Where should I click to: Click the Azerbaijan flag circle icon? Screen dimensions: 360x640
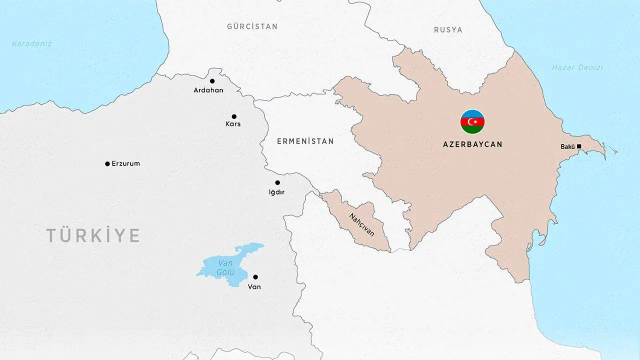472,122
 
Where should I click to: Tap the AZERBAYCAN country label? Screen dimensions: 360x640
472,144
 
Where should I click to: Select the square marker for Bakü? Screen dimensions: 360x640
579,146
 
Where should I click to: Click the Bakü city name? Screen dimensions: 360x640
567,146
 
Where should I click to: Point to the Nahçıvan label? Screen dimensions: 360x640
361,225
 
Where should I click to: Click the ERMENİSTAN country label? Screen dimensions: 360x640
305,141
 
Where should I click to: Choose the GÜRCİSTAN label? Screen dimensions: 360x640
252,26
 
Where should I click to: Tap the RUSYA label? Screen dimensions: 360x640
448,30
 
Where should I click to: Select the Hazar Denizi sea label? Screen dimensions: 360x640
577,67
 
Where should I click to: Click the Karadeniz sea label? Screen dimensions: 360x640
31,43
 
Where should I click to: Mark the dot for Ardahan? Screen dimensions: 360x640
212,81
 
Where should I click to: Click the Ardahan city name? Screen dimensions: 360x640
208,90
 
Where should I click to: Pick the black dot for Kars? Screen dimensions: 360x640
234,116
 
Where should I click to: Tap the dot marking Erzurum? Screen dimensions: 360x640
107,164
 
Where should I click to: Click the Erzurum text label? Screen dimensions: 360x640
125,163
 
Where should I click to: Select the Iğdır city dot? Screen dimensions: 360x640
277,182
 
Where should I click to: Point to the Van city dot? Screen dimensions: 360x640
255,277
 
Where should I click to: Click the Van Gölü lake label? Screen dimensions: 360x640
222,267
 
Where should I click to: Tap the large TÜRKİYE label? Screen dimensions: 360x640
93,235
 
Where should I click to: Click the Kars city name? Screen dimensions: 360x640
233,124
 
